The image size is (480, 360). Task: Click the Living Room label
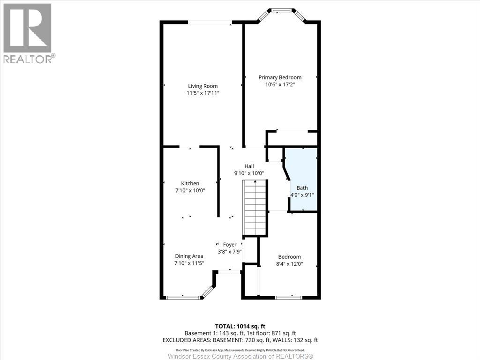pyautogui.click(x=202, y=86)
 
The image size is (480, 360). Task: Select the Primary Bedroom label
pyautogui.click(x=280, y=77)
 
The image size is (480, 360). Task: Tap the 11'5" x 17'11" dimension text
pyautogui.click(x=202, y=93)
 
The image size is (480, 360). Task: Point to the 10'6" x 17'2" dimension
pyautogui.click(x=280, y=85)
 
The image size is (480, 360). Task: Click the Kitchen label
pyautogui.click(x=190, y=183)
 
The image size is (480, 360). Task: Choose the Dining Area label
pyautogui.click(x=189, y=256)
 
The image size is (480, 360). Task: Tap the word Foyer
pyautogui.click(x=230, y=245)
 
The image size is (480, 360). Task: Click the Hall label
pyautogui.click(x=249, y=166)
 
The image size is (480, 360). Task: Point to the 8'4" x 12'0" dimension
pyautogui.click(x=289, y=264)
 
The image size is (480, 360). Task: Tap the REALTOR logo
pyautogui.click(x=28, y=33)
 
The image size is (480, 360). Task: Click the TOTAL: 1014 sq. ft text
pyautogui.click(x=240, y=326)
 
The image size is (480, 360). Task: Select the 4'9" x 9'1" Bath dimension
pyautogui.click(x=302, y=195)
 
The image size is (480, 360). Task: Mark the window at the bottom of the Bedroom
pyautogui.click(x=288, y=297)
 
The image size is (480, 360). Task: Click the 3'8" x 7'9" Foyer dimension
pyautogui.click(x=230, y=252)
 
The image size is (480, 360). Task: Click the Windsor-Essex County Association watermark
pyautogui.click(x=240, y=356)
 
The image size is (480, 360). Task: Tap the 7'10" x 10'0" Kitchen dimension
pyautogui.click(x=190, y=190)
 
